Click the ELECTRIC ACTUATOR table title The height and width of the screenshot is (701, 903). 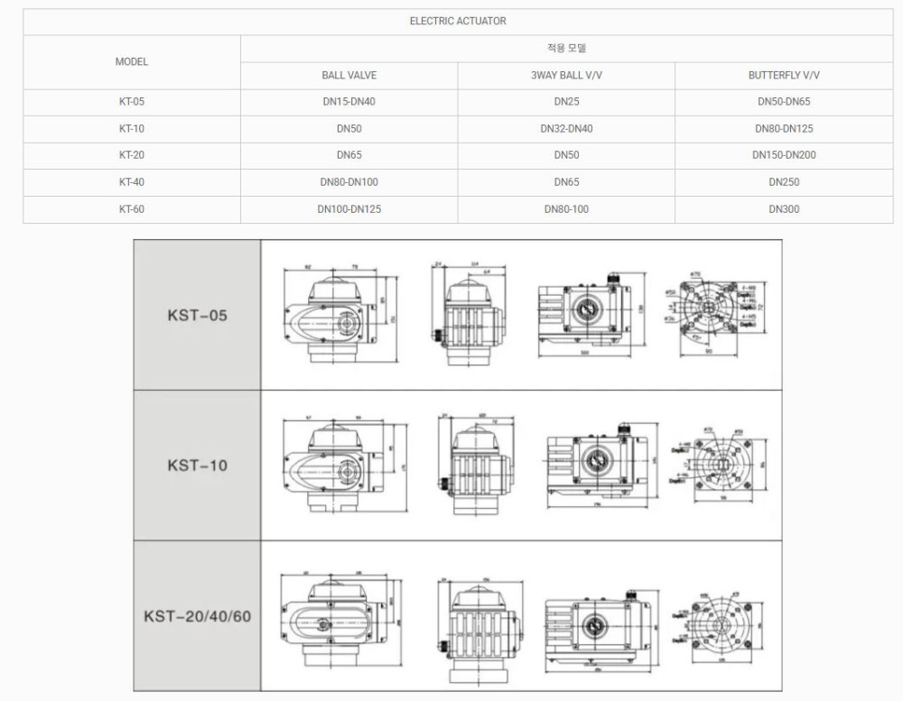[458, 21]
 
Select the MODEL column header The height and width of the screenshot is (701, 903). [132, 61]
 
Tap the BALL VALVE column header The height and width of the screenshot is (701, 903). [349, 76]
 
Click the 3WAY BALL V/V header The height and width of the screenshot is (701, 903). [566, 76]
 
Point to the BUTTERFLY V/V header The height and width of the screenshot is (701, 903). [784, 76]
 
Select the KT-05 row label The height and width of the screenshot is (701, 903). [132, 102]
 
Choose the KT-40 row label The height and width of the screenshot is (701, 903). [132, 182]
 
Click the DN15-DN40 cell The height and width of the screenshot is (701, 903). [349, 102]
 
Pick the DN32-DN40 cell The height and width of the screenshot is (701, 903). [566, 129]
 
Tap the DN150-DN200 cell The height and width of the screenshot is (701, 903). [784, 155]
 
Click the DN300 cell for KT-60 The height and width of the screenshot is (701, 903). [784, 209]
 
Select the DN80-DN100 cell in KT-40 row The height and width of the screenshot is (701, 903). [349, 182]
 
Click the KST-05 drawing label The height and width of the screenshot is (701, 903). [197, 316]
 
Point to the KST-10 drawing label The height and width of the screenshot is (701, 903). [197, 466]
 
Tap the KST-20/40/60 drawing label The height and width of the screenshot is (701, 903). [197, 617]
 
